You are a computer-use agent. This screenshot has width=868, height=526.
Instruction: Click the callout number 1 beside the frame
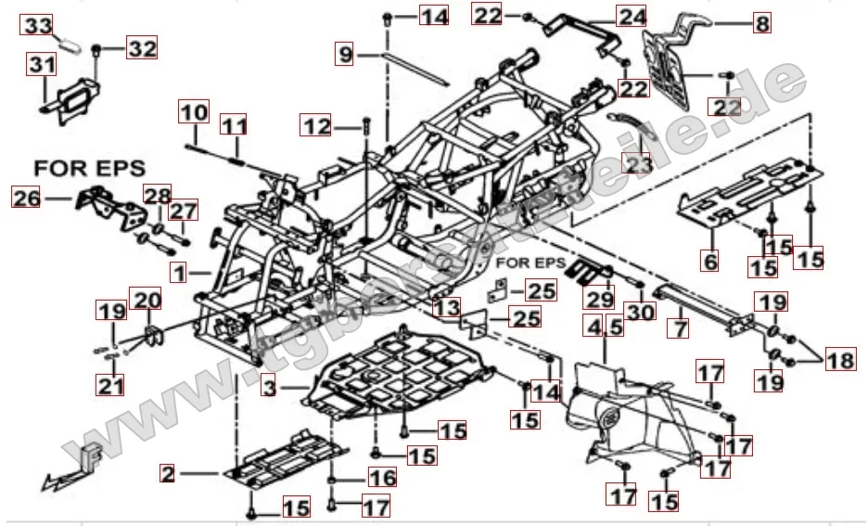[x=179, y=273]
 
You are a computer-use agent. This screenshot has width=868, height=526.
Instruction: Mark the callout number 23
[x=639, y=163]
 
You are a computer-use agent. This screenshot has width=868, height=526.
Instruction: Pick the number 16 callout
[x=383, y=478]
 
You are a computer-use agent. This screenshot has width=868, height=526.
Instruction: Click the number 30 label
[x=639, y=313]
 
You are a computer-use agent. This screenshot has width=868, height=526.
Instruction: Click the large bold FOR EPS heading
[x=90, y=169]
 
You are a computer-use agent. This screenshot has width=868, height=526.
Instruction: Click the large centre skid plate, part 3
[x=399, y=371]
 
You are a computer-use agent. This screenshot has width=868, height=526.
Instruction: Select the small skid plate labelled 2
[x=287, y=457]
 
